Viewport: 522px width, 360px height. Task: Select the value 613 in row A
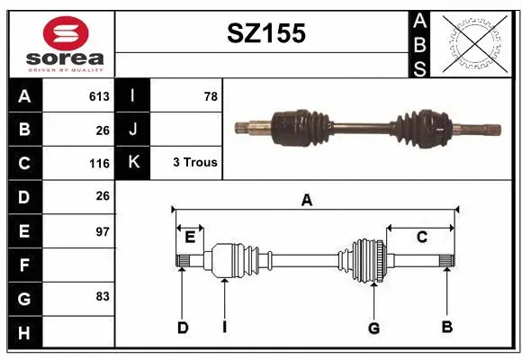(x=99, y=96)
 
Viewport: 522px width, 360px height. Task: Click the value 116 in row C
(x=99, y=164)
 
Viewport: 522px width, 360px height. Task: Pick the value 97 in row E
(x=102, y=231)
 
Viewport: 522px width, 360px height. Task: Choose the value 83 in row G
(x=102, y=296)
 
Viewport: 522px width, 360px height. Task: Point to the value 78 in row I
(x=211, y=96)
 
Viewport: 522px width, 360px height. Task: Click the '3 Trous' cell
(x=194, y=163)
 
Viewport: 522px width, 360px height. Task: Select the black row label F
(x=23, y=265)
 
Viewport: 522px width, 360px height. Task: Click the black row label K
(x=133, y=163)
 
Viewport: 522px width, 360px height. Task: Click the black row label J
(x=133, y=130)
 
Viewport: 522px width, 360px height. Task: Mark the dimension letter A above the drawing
(x=307, y=201)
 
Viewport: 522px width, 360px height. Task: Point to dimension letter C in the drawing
(x=421, y=238)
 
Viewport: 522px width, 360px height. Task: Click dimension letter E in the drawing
(x=190, y=238)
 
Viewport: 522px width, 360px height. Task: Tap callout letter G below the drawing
(x=373, y=328)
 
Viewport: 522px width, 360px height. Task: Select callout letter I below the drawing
(x=224, y=328)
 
